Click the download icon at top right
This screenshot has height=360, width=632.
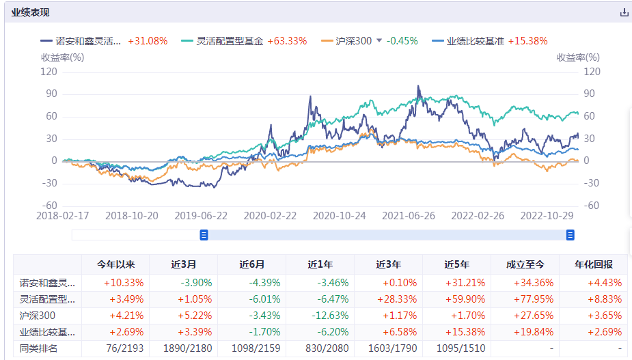pos(623,12)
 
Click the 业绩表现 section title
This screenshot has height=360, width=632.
pos(30,12)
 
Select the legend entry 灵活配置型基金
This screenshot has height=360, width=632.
pos(229,41)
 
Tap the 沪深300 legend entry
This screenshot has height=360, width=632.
pos(353,41)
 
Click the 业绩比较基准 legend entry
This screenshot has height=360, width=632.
pos(475,41)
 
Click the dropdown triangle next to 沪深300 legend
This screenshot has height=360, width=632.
pos(379,41)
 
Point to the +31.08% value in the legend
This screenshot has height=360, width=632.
pos(148,41)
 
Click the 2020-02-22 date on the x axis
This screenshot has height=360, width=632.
pos(271,215)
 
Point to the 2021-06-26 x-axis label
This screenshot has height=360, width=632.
pos(409,215)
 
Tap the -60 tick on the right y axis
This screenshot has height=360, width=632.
pos(592,206)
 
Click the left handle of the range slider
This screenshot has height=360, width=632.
pos(204,235)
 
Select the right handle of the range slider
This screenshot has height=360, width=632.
pos(570,235)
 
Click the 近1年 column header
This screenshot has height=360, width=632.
pos(320,264)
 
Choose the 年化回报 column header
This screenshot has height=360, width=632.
pos(593,264)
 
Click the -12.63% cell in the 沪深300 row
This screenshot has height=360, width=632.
pos(320,316)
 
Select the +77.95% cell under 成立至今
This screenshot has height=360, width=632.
pos(525,299)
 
